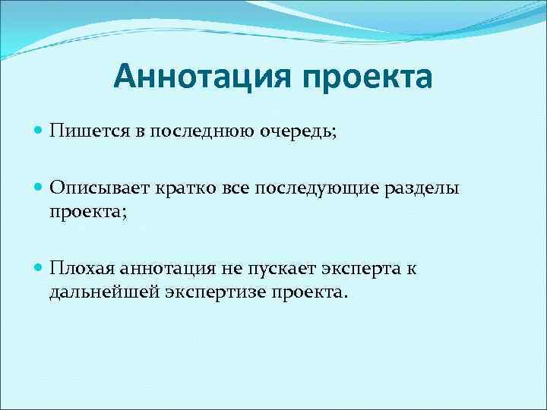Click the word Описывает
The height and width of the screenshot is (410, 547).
[x=100, y=189]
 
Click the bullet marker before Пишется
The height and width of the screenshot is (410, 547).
[x=40, y=132]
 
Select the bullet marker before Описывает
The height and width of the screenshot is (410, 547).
[x=40, y=189]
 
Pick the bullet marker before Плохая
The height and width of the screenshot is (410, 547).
[x=40, y=269]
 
